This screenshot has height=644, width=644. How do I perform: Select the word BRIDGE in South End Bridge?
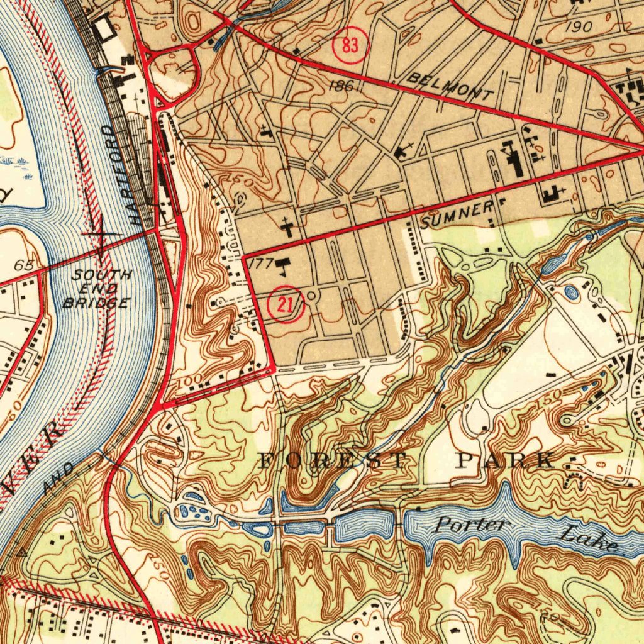[97, 304]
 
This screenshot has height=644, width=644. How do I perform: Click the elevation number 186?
[340, 86]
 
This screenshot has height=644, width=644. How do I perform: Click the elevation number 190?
[578, 27]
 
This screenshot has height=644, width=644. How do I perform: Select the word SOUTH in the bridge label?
[101, 275]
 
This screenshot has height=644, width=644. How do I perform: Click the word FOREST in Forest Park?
[334, 460]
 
